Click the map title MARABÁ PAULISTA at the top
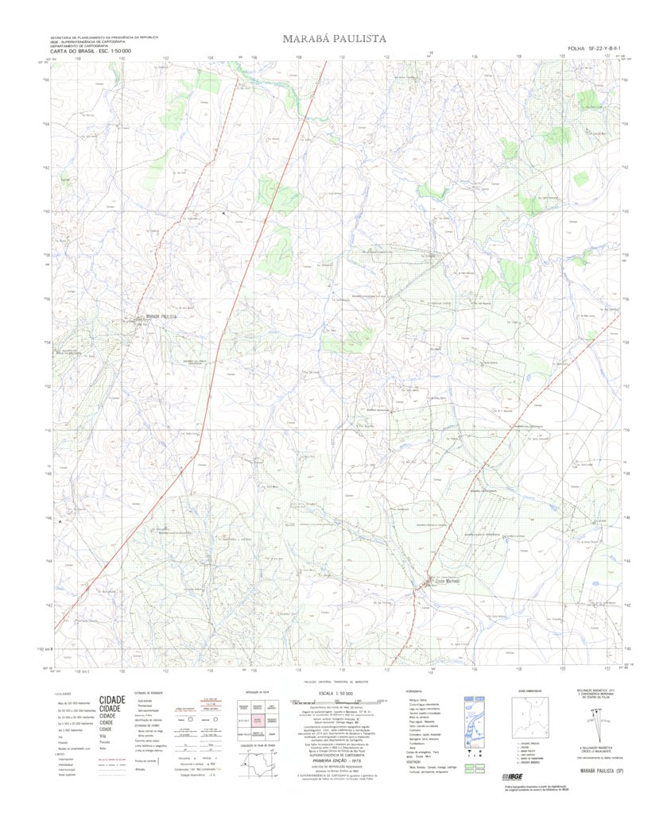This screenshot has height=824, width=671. (335, 38)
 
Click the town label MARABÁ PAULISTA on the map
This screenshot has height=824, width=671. (157, 316)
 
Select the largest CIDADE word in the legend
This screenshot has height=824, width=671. (112, 701)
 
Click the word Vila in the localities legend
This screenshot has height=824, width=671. (104, 737)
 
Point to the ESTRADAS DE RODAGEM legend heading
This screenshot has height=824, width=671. (149, 693)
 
